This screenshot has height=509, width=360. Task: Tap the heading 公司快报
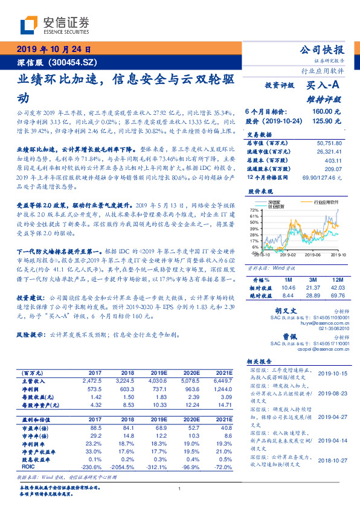(x=321, y=49)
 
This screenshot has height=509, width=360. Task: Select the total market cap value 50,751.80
(x=329, y=142)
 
